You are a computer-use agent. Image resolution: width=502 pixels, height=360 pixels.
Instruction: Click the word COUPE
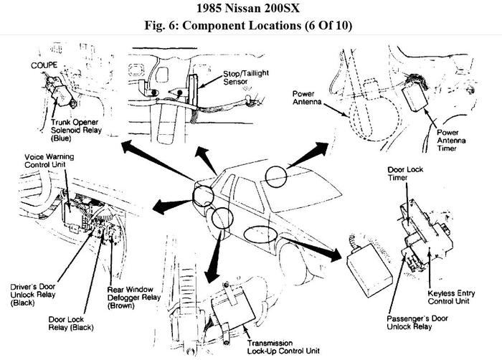(44, 65)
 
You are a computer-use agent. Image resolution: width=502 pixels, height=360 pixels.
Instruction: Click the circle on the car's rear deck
(275, 176)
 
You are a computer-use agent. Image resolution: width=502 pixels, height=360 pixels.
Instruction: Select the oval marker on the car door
(259, 234)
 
